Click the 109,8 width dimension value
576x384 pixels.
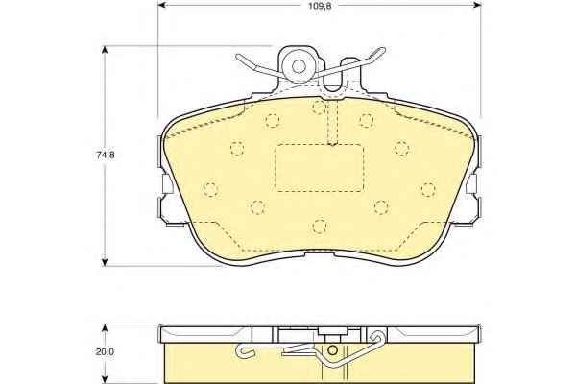tap(320, 6)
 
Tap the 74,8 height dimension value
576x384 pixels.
tap(106, 156)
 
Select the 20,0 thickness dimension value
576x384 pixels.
tap(105, 351)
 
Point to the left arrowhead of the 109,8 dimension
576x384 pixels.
tap(161, 5)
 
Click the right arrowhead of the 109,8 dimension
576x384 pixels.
tap(477, 5)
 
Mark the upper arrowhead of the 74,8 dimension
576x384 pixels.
tap(105, 50)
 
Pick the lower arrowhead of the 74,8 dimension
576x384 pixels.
tap(105, 262)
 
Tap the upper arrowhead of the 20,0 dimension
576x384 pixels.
tap(105, 328)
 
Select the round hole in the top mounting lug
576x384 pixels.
tap(299, 66)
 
